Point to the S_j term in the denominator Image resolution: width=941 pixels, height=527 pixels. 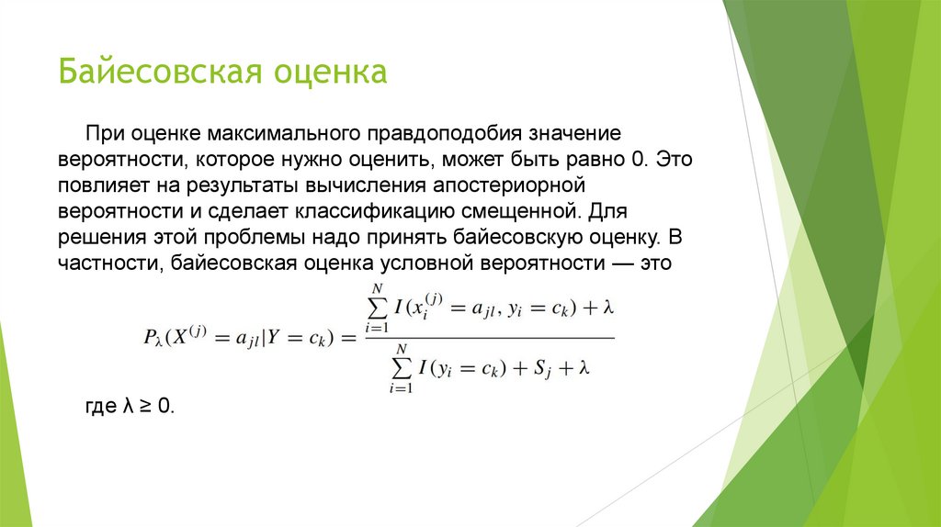pos(541,369)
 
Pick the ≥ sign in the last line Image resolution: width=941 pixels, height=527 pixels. pos(145,406)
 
